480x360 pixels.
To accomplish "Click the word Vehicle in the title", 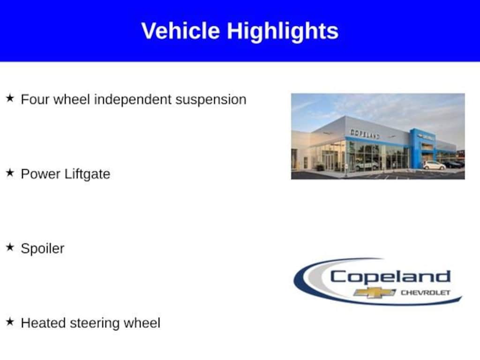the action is click(x=180, y=30).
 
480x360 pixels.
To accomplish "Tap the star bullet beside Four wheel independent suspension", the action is click(x=10, y=98).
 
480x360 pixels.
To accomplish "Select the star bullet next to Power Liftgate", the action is click(x=10, y=172).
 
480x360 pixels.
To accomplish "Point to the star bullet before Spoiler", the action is click(x=10, y=247).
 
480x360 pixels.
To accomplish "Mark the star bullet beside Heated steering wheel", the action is click(x=10, y=322).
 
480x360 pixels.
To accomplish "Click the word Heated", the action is click(x=43, y=323).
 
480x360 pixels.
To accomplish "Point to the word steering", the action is click(x=95, y=324).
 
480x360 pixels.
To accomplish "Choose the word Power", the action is click(x=41, y=174).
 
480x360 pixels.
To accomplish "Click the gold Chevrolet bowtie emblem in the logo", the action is click(x=375, y=293).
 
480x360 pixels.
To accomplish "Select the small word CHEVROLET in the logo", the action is click(x=426, y=293).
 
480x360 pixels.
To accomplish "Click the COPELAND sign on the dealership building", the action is click(x=365, y=134).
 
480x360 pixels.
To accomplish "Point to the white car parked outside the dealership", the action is click(x=434, y=165).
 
